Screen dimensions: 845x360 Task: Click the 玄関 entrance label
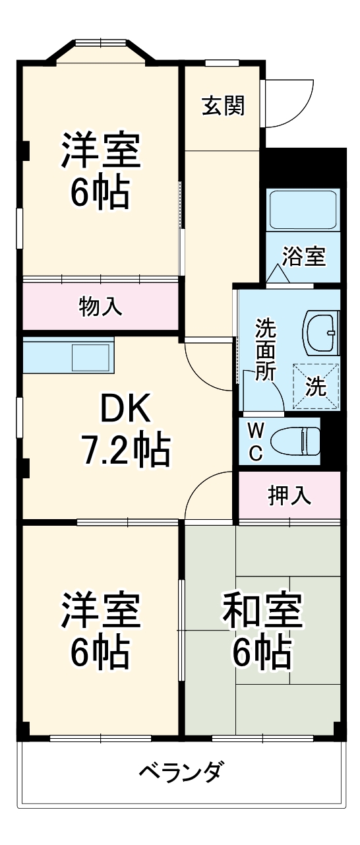point(223,105)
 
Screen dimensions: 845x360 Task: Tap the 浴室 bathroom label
point(304,256)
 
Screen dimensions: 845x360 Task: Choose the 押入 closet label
point(289,495)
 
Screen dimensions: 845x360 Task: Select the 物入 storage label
point(100,306)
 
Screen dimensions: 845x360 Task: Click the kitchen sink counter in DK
point(69,357)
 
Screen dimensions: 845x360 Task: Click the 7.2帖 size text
point(125,450)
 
